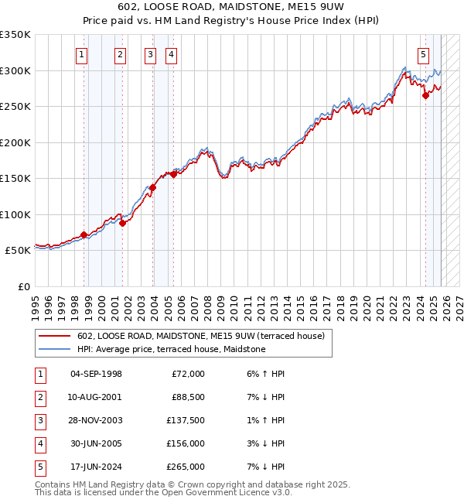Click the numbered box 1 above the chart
point(82,54)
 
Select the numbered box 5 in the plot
point(424,54)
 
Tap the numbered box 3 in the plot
point(150,54)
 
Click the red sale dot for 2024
point(425,96)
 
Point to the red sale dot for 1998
point(84,235)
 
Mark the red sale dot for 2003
point(153,187)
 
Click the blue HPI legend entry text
point(171,349)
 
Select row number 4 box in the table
point(39,443)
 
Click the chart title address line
point(232,7)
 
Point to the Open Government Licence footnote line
point(164,492)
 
